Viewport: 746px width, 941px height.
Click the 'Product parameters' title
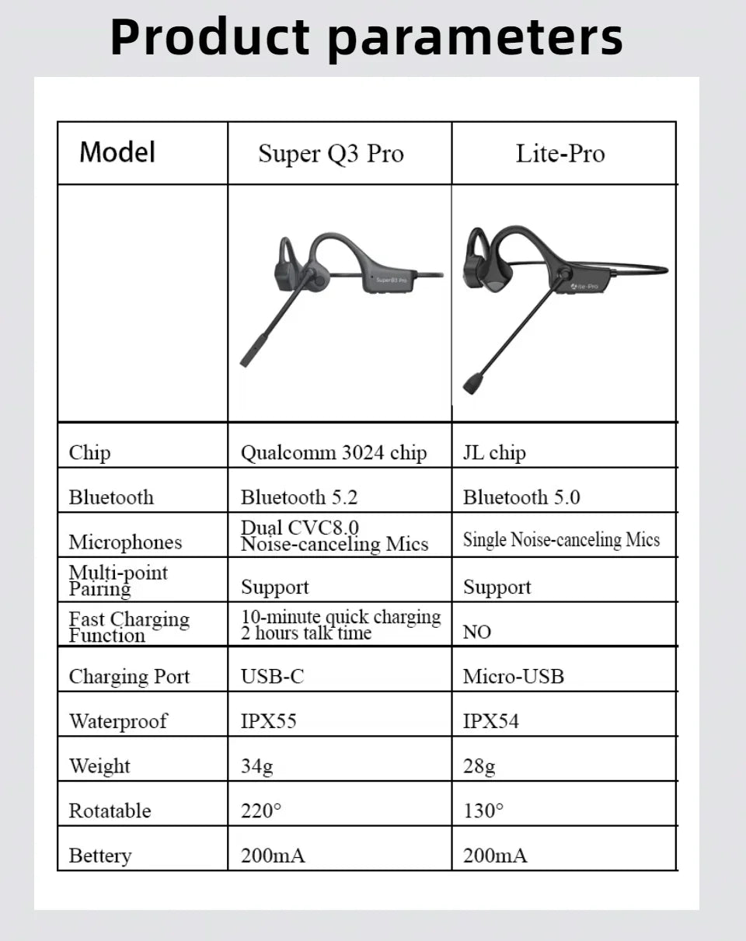367,37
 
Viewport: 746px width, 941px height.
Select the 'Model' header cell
117,152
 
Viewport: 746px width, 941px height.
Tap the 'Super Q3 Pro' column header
331,154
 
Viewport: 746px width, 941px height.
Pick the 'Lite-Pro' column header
560,154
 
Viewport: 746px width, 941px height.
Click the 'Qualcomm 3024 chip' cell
334,453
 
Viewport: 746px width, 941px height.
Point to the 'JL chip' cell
494,453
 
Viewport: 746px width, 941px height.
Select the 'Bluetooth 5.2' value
299,497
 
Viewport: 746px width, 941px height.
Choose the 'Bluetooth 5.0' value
521,497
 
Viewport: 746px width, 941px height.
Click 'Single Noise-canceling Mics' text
561,540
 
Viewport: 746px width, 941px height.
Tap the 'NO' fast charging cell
477,632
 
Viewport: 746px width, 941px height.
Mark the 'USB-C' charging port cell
272,677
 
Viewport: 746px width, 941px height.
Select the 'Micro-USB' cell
514,677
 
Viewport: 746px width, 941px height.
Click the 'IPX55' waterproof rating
269,721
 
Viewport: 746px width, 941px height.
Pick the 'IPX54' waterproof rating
491,721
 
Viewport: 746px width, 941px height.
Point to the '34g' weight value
257,766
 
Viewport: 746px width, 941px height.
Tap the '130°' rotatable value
483,811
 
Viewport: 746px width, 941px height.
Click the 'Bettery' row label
100,856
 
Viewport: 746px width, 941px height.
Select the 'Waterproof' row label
118,721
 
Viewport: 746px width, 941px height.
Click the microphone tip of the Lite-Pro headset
472,384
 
